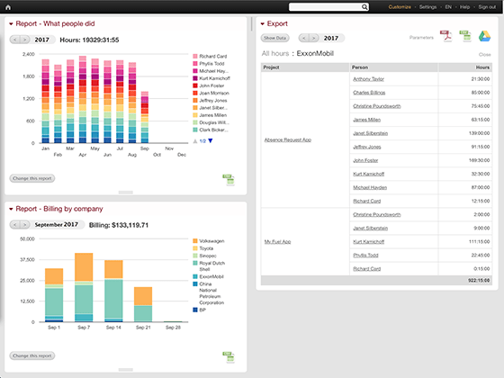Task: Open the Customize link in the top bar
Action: point(401,7)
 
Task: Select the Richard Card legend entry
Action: point(212,57)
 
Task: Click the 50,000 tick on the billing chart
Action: point(26,238)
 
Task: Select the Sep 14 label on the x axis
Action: point(113,327)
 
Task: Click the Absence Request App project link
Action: point(288,139)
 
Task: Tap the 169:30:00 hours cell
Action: point(480,159)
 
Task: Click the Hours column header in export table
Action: point(483,67)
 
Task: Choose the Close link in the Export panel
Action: point(485,55)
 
